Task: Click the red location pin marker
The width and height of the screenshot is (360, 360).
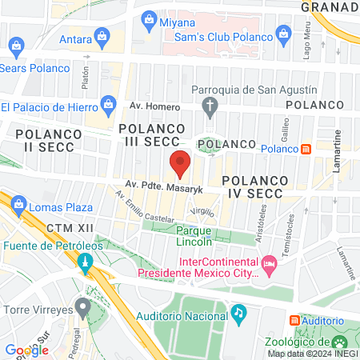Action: click(180, 163)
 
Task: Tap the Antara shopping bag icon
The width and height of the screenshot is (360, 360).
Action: click(102, 36)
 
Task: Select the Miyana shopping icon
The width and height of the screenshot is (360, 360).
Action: click(148, 18)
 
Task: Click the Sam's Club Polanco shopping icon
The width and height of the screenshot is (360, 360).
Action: click(282, 34)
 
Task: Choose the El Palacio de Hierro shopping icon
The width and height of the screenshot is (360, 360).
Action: click(109, 105)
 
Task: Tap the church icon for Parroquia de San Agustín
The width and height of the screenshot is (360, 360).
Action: click(210, 105)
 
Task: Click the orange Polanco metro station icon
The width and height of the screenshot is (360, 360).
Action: click(306, 149)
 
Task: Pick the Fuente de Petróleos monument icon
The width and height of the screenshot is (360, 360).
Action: click(84, 261)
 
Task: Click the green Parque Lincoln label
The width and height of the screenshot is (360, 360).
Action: click(193, 236)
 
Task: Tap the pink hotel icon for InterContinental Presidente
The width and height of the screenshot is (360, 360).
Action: click(270, 263)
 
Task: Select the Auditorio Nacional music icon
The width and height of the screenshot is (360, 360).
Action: click(238, 311)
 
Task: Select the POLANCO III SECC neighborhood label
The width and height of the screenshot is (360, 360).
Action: click(152, 134)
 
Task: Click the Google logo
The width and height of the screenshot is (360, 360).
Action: click(26, 350)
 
